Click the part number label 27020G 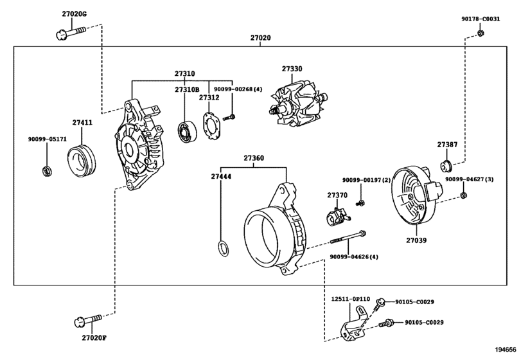(74, 14)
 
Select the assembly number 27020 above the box (261, 38)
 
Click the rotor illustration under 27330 (298, 105)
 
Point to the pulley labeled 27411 (82, 160)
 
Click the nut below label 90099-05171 (46, 171)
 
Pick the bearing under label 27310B (188, 132)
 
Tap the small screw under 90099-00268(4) (229, 118)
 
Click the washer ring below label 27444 (224, 249)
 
